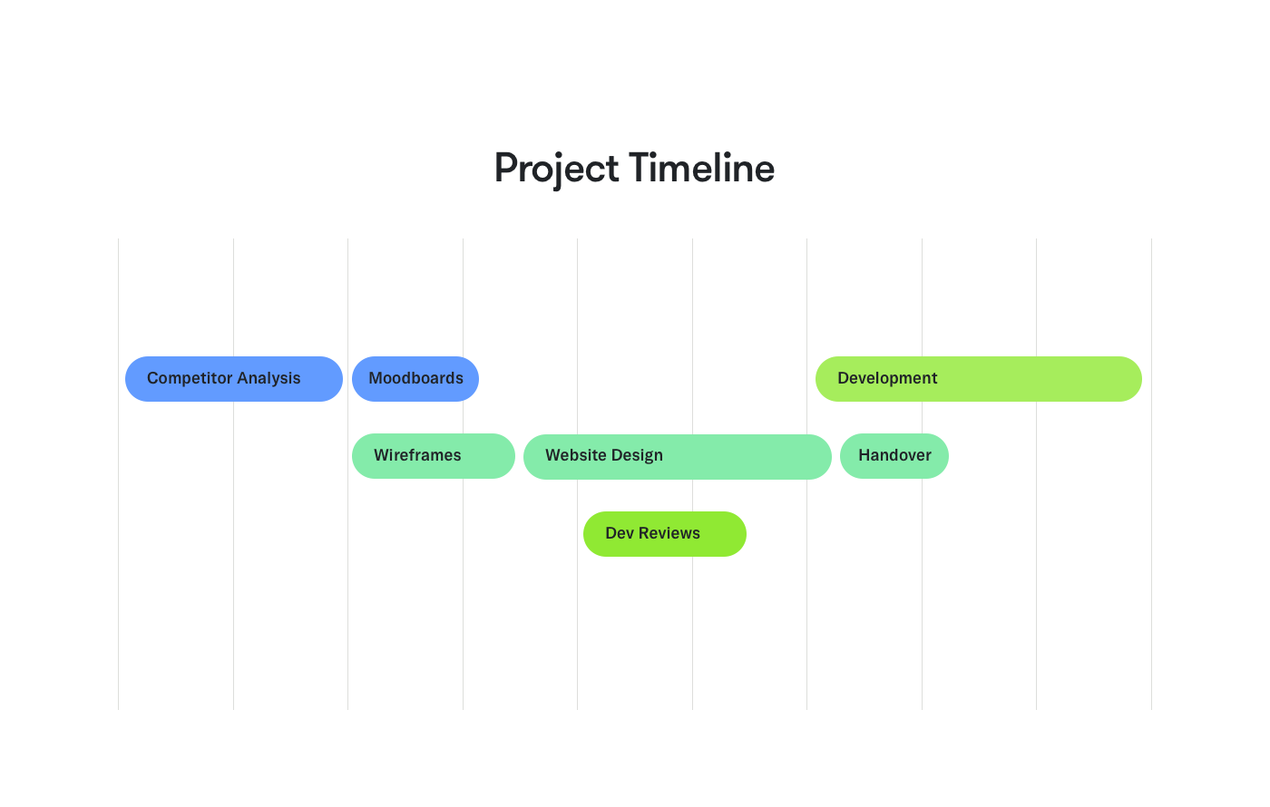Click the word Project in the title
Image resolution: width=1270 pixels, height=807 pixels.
(558, 170)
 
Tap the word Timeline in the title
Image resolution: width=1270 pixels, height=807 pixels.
(701, 170)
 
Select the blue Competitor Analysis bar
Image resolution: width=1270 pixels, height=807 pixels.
(233, 379)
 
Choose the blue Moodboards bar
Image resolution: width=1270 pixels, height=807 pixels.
(415, 379)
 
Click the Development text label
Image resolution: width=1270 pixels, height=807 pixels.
(887, 378)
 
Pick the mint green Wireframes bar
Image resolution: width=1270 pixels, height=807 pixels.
(434, 456)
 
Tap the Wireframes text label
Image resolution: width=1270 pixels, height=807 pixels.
(417, 455)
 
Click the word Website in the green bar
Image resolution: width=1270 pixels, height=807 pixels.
(575, 455)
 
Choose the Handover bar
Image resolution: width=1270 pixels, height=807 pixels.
(894, 456)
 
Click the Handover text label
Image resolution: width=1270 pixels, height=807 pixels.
(894, 455)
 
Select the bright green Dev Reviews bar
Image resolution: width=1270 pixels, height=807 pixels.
(665, 534)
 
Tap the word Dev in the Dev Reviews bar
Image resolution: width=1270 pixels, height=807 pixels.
(620, 533)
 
